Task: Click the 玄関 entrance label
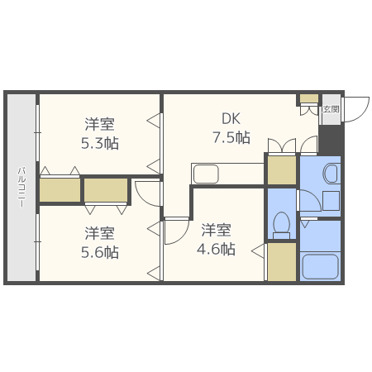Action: click(x=330, y=109)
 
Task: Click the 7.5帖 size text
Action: click(x=231, y=137)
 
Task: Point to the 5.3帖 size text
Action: click(x=99, y=144)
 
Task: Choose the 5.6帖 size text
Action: click(x=99, y=252)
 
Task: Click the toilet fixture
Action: click(x=281, y=224)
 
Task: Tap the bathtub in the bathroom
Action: click(x=320, y=266)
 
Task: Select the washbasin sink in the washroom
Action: click(x=330, y=173)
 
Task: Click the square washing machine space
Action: click(x=330, y=201)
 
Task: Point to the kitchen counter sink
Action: click(x=205, y=174)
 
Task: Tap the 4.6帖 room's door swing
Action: click(x=175, y=231)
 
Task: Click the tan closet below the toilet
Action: click(x=282, y=262)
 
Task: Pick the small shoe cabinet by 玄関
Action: click(x=308, y=99)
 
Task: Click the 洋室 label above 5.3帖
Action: click(x=99, y=124)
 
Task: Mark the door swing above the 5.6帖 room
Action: click(x=148, y=193)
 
